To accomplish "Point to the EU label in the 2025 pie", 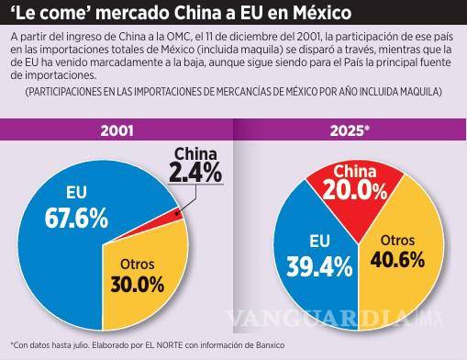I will (x=295, y=242).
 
